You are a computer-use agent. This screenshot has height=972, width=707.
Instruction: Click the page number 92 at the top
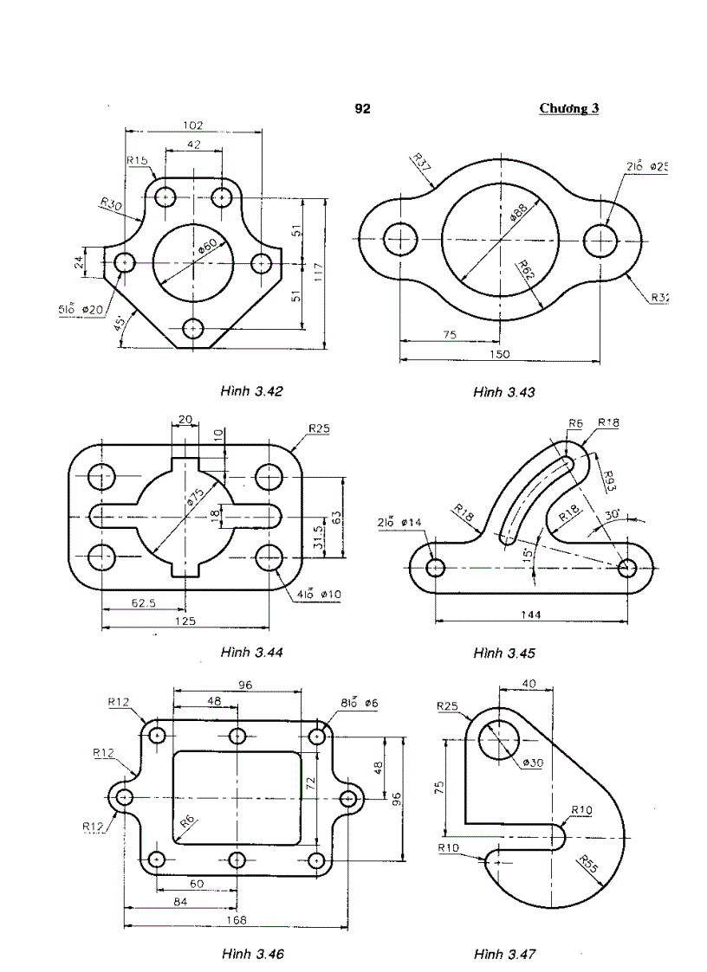point(362,109)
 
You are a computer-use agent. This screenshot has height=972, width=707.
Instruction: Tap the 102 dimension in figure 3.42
point(193,125)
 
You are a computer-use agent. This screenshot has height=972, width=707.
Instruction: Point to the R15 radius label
point(137,160)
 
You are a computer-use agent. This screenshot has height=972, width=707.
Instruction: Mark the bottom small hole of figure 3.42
point(193,329)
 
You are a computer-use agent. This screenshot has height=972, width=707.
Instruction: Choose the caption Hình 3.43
point(504,392)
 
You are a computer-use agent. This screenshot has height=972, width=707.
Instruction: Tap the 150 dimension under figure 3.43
point(499,354)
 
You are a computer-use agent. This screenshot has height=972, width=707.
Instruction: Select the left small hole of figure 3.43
point(400,238)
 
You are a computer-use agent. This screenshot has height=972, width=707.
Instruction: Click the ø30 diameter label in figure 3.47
point(532,763)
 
